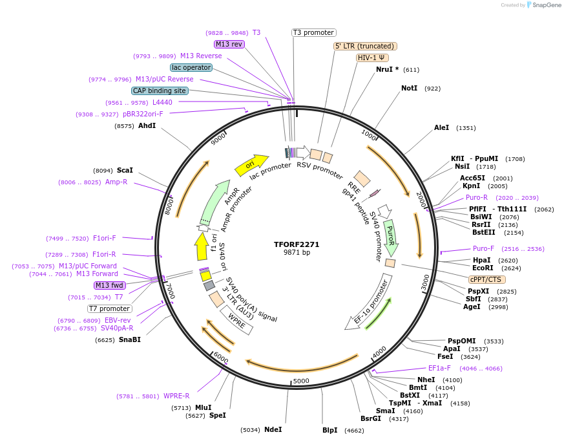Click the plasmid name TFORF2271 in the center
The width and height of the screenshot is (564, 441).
pos(297,244)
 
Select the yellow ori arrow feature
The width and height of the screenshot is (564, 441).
pos(252,165)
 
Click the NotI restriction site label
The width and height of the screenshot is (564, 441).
pos(409,88)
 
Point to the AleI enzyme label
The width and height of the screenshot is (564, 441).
pos(441,127)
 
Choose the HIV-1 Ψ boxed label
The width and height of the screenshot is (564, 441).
pos(373,58)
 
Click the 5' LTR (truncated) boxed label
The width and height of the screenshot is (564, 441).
pos(365,46)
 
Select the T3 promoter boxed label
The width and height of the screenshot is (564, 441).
pos(314,32)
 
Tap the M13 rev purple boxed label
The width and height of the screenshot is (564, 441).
pos(229,44)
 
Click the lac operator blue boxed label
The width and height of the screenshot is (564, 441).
pos(191,67)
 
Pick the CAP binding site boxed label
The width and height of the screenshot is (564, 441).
pos(160,91)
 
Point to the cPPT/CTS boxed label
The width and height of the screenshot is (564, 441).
pos(485,279)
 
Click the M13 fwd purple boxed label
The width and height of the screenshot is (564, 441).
pos(110,285)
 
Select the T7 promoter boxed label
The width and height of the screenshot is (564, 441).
pos(110,308)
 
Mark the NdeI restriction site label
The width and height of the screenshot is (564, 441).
pos(273,429)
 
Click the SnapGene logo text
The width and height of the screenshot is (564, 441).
pos(546,5)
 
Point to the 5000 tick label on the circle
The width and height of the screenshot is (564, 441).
pos(301,381)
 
